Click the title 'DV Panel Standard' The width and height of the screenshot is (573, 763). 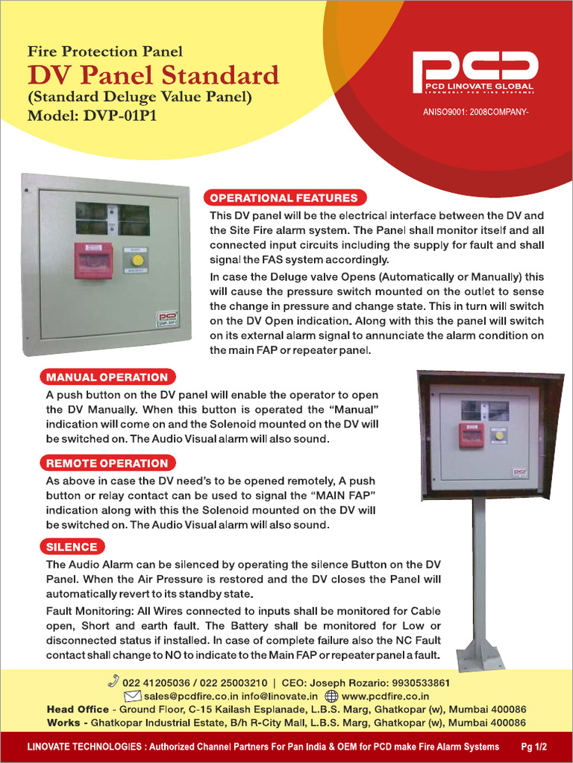[x=153, y=75]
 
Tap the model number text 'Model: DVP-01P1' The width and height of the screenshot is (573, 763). [x=92, y=116]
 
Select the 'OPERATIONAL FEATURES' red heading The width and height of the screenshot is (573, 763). [x=284, y=198]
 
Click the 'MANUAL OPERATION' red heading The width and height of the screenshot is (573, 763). [x=107, y=377]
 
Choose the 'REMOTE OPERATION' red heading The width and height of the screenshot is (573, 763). [x=107, y=463]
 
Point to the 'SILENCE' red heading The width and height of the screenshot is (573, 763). [x=72, y=548]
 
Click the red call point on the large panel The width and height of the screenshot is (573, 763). [x=93, y=261]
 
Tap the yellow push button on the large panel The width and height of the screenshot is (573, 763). [x=137, y=260]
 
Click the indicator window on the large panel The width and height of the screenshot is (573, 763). [x=112, y=218]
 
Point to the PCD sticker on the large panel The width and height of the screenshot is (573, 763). [x=166, y=319]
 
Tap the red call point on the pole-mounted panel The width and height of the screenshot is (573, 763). [x=471, y=434]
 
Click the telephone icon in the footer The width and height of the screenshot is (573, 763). [x=113, y=680]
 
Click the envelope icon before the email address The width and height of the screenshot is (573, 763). [x=133, y=696]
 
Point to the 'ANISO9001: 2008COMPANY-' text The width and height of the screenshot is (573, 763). [x=475, y=114]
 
